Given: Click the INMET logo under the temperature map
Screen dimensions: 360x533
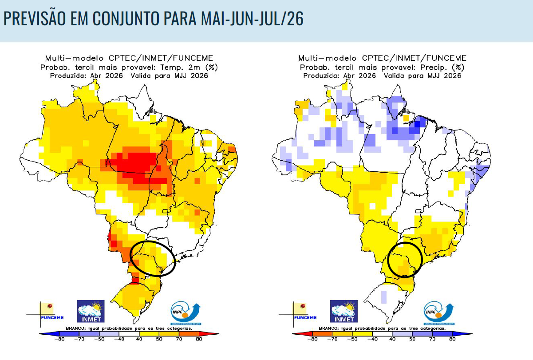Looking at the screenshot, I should pos(91,311).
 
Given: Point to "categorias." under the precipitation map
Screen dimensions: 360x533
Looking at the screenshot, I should pos(430,329).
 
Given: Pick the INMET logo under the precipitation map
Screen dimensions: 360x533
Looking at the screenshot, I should pos(343,311).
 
